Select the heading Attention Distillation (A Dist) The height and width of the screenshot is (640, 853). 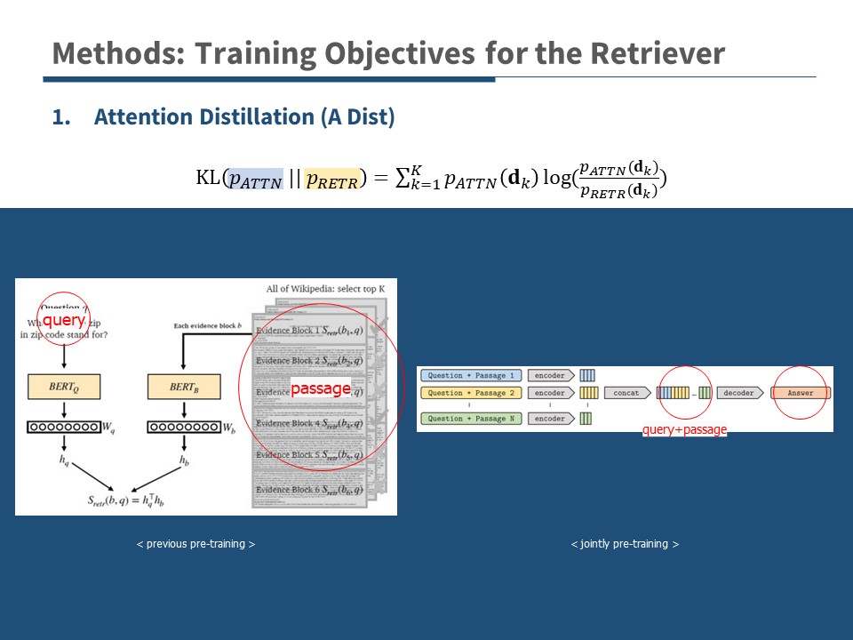coord(243,117)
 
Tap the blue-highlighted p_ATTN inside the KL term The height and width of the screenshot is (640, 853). coord(255,179)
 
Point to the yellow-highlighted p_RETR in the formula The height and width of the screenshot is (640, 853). coord(331,179)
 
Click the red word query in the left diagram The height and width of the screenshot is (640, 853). coord(63,320)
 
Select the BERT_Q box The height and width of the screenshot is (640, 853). coord(64,387)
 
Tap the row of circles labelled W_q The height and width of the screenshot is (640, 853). coord(62,428)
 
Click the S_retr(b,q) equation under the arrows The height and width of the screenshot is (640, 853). coord(128,500)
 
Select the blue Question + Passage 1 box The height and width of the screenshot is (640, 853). coord(471,376)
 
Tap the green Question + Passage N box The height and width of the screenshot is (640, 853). coord(471,419)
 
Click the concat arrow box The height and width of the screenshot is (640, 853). coord(627,392)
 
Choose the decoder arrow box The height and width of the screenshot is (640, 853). coord(739,392)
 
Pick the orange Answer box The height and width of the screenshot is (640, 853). coord(801,392)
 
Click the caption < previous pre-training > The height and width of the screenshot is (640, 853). coord(196,543)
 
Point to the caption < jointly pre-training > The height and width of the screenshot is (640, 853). coord(625,543)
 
